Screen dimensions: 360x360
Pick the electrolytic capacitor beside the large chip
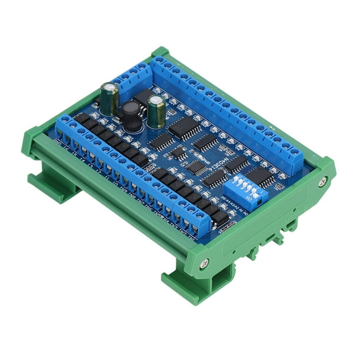coord(156,112)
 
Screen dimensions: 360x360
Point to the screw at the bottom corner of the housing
coord(204,263)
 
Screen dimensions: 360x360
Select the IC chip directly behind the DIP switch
coord(259,175)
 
